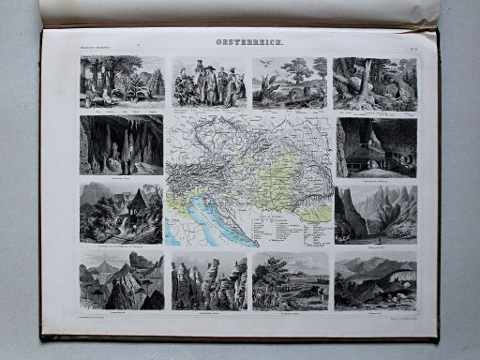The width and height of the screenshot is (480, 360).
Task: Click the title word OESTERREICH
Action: [247, 42]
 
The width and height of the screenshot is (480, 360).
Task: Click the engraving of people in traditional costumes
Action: [207, 83]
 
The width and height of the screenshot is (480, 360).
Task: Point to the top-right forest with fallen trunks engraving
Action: [374, 83]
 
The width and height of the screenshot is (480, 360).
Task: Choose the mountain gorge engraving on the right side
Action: [375, 212]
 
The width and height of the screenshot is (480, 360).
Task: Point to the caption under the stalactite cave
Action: [121, 176]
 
